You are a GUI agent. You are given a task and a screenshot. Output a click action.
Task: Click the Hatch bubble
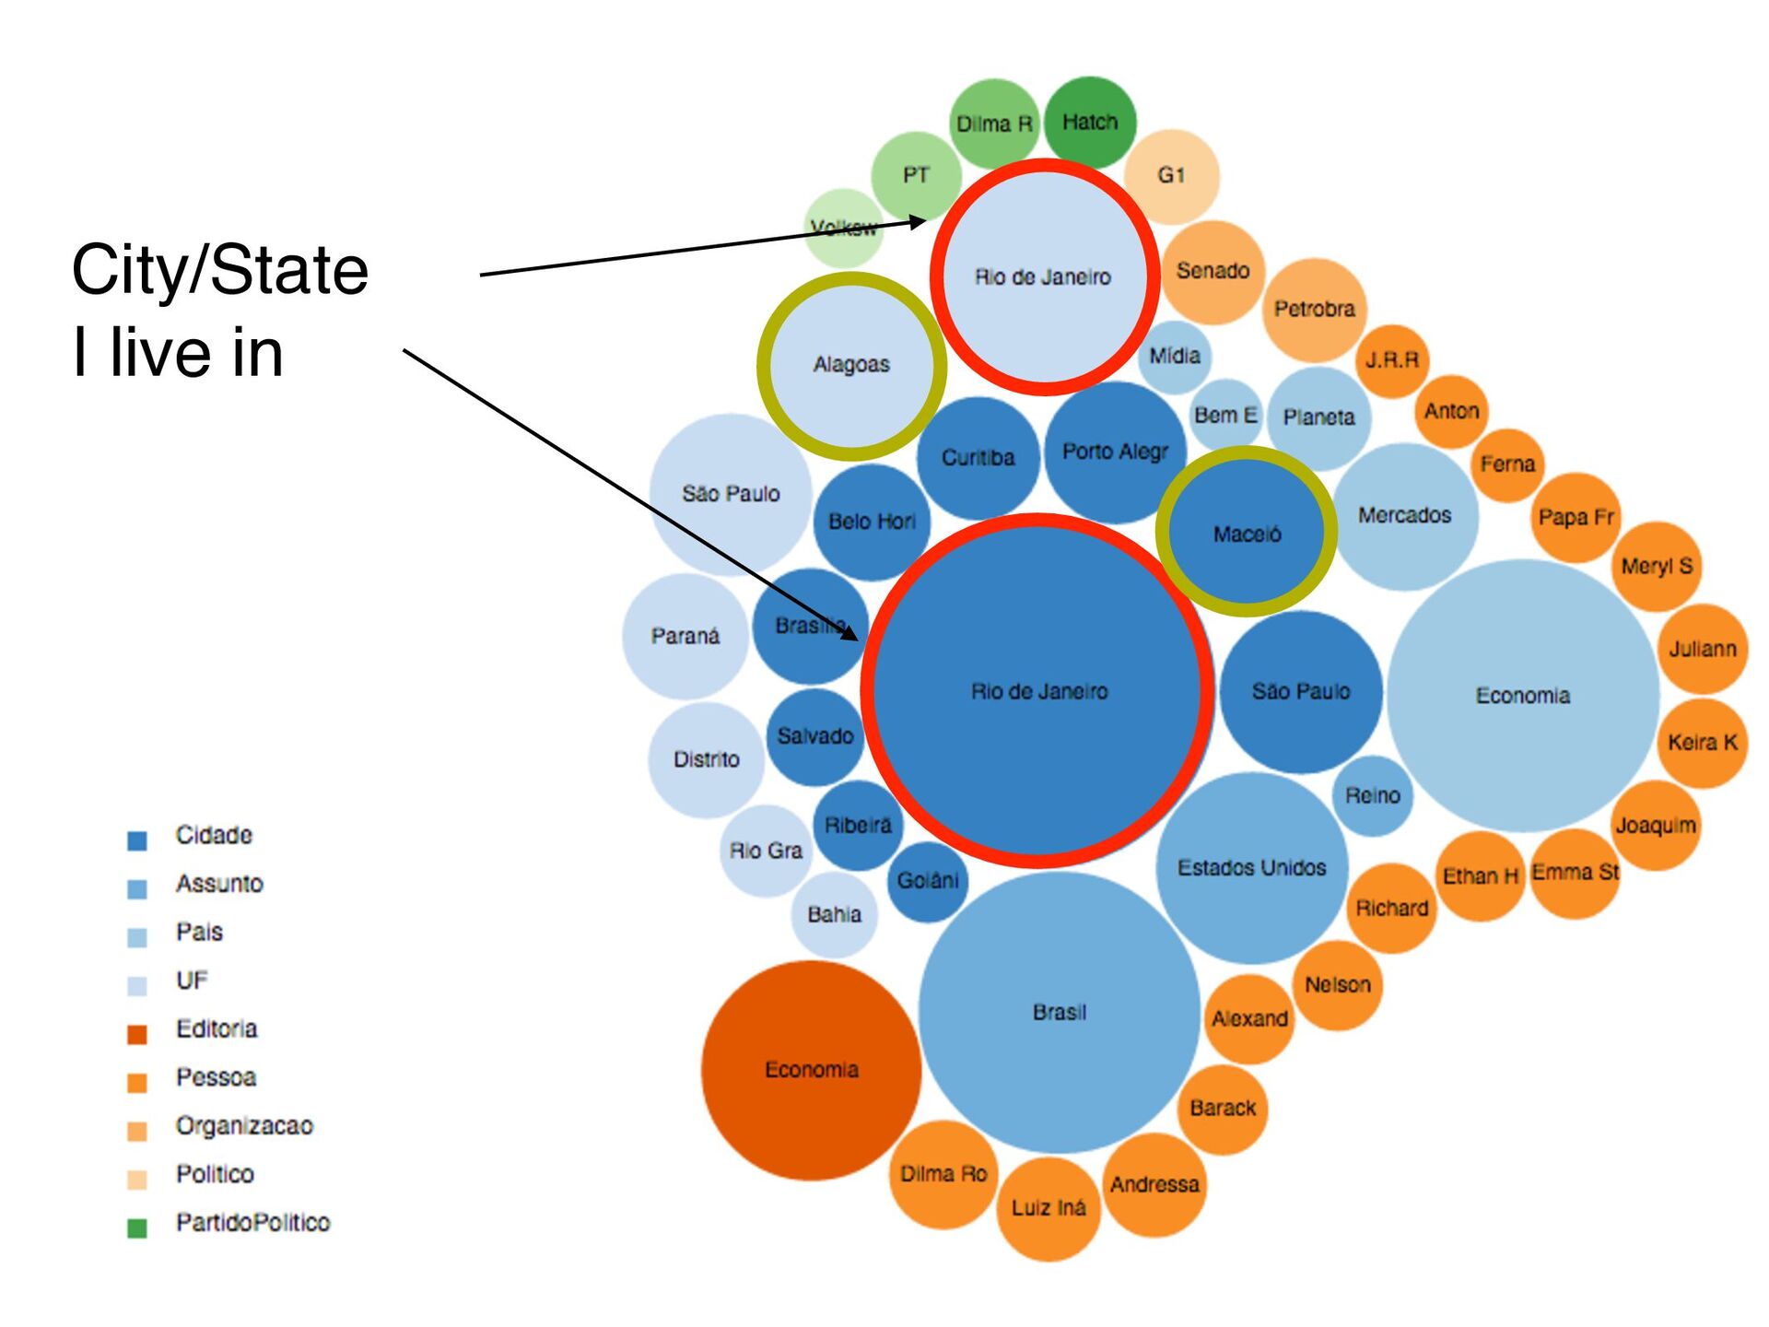tap(1090, 122)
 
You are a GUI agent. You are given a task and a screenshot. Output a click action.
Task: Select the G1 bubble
tap(1171, 175)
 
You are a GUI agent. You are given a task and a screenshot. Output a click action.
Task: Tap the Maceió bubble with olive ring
tap(1247, 533)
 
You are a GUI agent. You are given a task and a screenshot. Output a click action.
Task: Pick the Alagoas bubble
tap(851, 365)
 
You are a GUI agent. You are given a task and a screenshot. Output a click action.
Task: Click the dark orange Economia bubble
tap(811, 1070)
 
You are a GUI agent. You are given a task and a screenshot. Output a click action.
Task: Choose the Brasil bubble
tap(1060, 1012)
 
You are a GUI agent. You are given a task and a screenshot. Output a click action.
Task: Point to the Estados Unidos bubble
tap(1251, 867)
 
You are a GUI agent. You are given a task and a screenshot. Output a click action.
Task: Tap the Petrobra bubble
tap(1314, 309)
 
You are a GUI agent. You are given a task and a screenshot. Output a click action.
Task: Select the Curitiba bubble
tap(978, 457)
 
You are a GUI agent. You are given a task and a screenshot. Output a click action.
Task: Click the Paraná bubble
tap(685, 636)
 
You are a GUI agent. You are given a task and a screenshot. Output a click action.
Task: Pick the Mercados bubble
tap(1404, 515)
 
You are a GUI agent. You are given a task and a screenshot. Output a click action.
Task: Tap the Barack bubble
tap(1223, 1108)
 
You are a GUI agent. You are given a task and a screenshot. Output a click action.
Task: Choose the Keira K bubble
tap(1703, 743)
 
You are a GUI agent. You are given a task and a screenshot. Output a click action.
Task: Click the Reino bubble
tap(1372, 795)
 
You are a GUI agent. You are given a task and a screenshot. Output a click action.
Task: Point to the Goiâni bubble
tap(928, 881)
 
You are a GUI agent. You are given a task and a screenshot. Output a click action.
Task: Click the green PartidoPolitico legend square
tap(137, 1227)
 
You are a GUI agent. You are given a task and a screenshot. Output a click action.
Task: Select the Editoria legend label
tap(217, 1028)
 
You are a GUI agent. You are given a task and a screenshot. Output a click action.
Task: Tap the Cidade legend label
tap(214, 835)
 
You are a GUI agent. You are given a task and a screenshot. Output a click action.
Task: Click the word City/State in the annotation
tap(220, 270)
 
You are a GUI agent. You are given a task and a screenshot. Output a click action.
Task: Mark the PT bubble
tap(916, 175)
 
